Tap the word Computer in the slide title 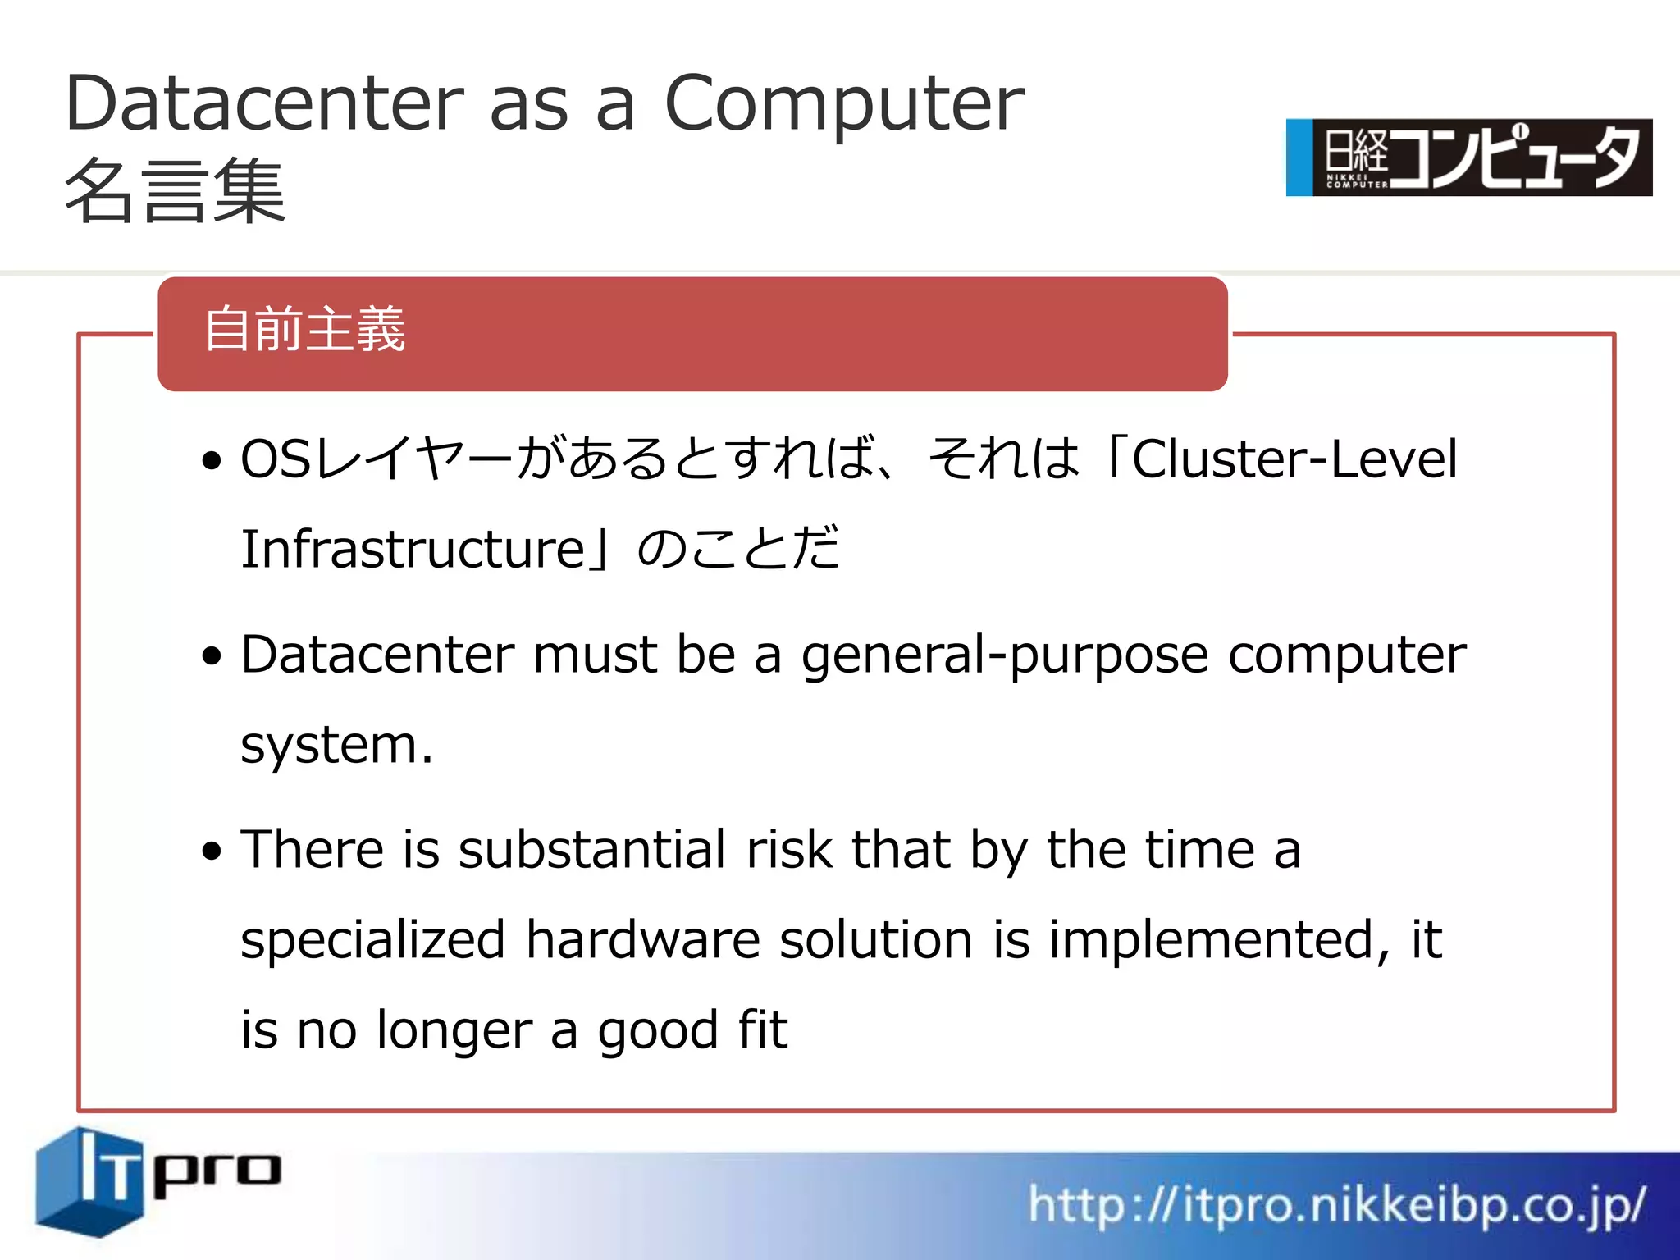(844, 105)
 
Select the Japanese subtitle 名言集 (175, 191)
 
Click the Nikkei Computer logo (1468, 157)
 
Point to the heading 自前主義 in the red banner (304, 330)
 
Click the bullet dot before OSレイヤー (212, 460)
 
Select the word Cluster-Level (1294, 459)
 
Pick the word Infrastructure (413, 549)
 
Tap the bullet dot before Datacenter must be (212, 656)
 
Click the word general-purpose (1005, 656)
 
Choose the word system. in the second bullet (336, 746)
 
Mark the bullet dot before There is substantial (212, 851)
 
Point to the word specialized (372, 940)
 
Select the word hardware (643, 940)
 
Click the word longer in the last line (454, 1031)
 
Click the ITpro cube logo (90, 1180)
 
